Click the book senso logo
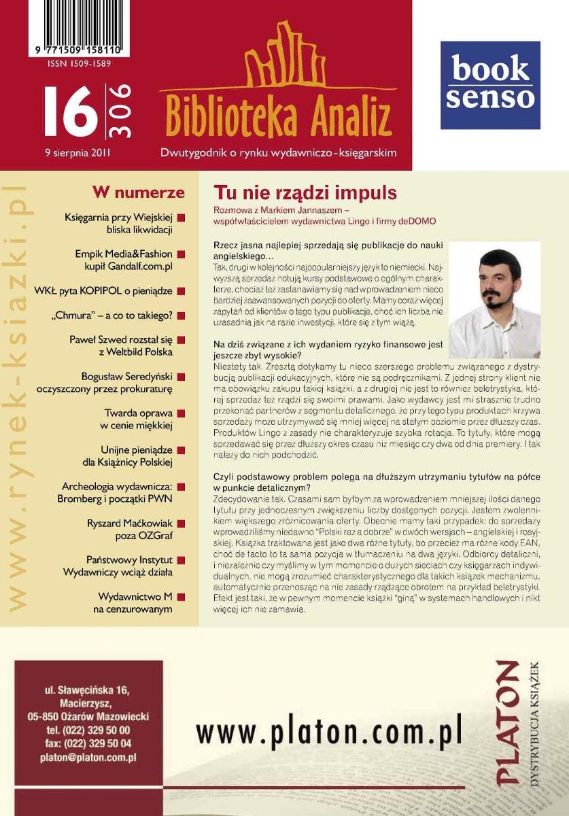click(490, 85)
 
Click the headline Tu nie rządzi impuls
click(305, 192)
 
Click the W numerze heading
click(139, 192)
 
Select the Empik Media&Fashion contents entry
click(124, 260)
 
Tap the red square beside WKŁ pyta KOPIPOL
click(182, 292)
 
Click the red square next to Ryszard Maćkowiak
click(182, 524)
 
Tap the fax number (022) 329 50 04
click(88, 743)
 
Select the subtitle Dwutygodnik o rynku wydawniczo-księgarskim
click(278, 153)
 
